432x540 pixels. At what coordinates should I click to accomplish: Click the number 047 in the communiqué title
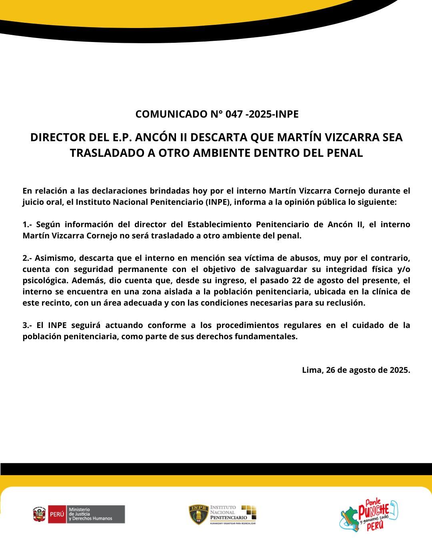pos(234,114)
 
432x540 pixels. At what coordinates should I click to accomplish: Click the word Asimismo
pos(54,258)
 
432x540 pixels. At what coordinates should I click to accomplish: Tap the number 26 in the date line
pos(331,370)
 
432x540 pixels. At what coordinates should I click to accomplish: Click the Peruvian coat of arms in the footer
pos(40,514)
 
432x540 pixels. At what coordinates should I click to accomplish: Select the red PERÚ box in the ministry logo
pos(57,514)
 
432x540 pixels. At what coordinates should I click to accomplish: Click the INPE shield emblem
pos(198,514)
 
